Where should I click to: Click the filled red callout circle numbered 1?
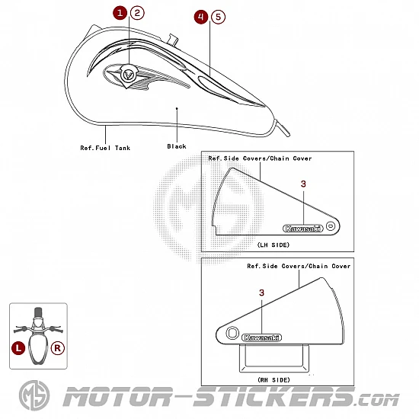pyautogui.click(x=120, y=13)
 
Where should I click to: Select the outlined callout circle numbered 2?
pyautogui.click(x=137, y=13)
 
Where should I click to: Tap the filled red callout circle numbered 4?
pyautogui.click(x=201, y=17)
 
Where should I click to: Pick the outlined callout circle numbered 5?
pyautogui.click(x=218, y=17)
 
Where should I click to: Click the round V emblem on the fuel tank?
pyautogui.click(x=128, y=75)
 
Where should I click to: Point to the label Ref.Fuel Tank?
pyautogui.click(x=105, y=148)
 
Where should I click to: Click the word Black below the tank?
pyautogui.click(x=177, y=146)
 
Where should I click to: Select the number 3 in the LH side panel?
pyautogui.click(x=303, y=184)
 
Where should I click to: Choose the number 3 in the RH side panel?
pyautogui.click(x=261, y=293)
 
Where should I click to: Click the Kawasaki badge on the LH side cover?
pyautogui.click(x=302, y=229)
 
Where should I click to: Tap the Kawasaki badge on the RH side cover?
pyautogui.click(x=261, y=337)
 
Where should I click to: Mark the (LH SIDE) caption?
pyautogui.click(x=273, y=245)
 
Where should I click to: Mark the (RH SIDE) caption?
pyautogui.click(x=274, y=379)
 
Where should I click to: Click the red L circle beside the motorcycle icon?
pyautogui.click(x=18, y=348)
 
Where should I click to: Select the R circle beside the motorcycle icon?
pyautogui.click(x=57, y=348)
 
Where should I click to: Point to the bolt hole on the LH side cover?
pyautogui.click(x=331, y=226)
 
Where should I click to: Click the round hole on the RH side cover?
pyautogui.click(x=232, y=333)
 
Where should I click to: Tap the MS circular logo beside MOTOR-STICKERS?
pyautogui.click(x=34, y=395)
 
